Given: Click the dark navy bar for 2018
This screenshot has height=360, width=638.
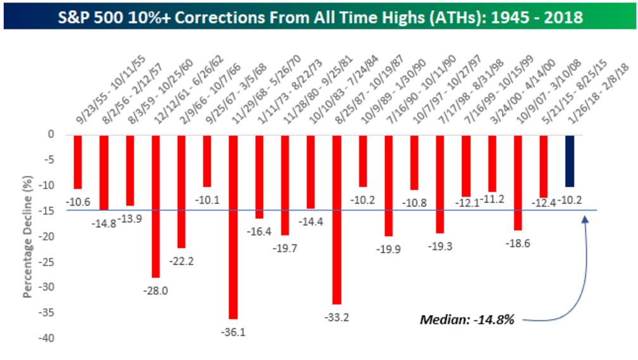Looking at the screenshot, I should pos(570,161).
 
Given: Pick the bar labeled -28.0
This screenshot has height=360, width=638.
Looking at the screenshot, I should pos(156,206).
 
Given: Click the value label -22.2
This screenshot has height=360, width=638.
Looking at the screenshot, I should pos(181,261).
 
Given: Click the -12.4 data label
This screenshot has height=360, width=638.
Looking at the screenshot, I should pos(544,202).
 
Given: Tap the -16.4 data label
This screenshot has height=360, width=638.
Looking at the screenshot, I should pos(259,232).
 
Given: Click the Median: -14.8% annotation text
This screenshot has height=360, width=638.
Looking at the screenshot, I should pos(467,320).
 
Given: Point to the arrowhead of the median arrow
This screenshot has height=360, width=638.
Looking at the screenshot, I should pos(585,218).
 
